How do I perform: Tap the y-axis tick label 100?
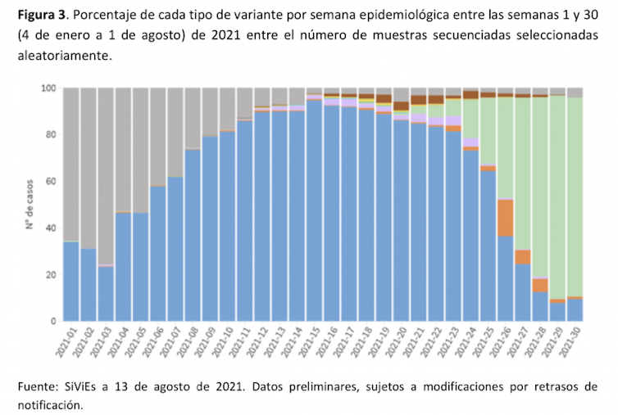click(48, 88)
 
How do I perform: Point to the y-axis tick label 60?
click(51, 181)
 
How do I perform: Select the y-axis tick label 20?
click(51, 274)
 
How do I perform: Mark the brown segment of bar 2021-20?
click(401, 106)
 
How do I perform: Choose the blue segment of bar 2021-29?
click(557, 312)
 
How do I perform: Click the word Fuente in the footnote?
click(36, 386)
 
